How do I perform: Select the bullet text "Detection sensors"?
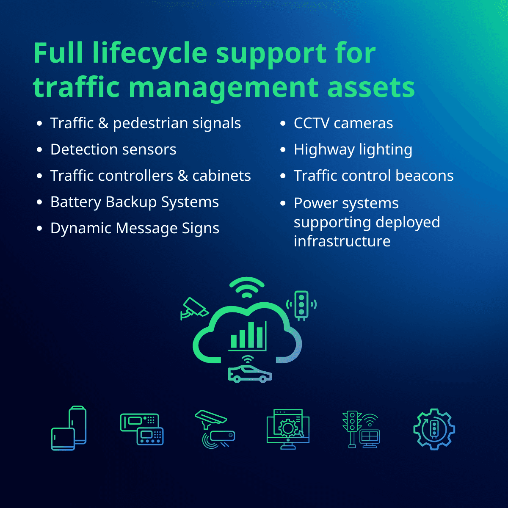coord(113,149)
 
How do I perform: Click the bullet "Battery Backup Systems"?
coord(134,202)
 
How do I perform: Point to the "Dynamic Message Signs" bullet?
coord(135,228)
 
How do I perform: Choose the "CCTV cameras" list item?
coord(343,123)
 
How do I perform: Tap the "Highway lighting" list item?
coord(353,149)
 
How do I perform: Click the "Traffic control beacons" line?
coord(373,176)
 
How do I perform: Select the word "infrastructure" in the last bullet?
coord(342,241)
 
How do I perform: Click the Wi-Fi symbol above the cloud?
coord(247,287)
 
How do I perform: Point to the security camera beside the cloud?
coord(193,308)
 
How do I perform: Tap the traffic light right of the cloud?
coord(301,304)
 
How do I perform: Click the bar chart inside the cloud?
coord(248,336)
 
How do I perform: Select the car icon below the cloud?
coord(249,373)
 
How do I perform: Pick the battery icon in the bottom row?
coord(69,428)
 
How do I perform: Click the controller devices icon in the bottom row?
coord(142,429)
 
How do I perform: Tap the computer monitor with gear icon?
coord(288,429)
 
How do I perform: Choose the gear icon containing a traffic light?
coord(434,429)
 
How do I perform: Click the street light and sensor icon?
coord(215,429)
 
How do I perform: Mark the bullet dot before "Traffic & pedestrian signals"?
coord(39,124)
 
